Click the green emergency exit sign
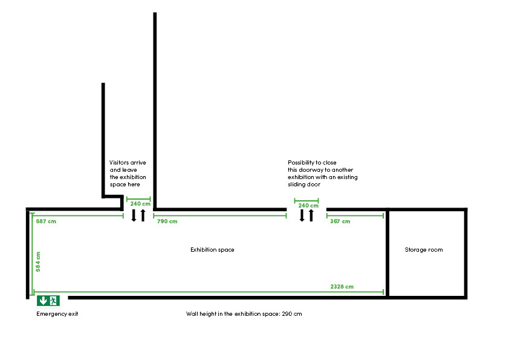(48, 300)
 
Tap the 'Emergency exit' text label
(57, 314)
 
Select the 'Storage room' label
(424, 250)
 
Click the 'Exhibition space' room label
(212, 250)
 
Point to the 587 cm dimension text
(46, 221)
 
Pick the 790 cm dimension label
(167, 221)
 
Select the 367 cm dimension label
(340, 221)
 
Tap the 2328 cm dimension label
(342, 286)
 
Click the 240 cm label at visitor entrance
(139, 205)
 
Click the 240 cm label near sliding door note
(308, 206)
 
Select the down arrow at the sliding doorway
(302, 215)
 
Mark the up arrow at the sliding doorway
(311, 215)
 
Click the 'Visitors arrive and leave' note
(128, 174)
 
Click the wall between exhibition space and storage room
(387, 254)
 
